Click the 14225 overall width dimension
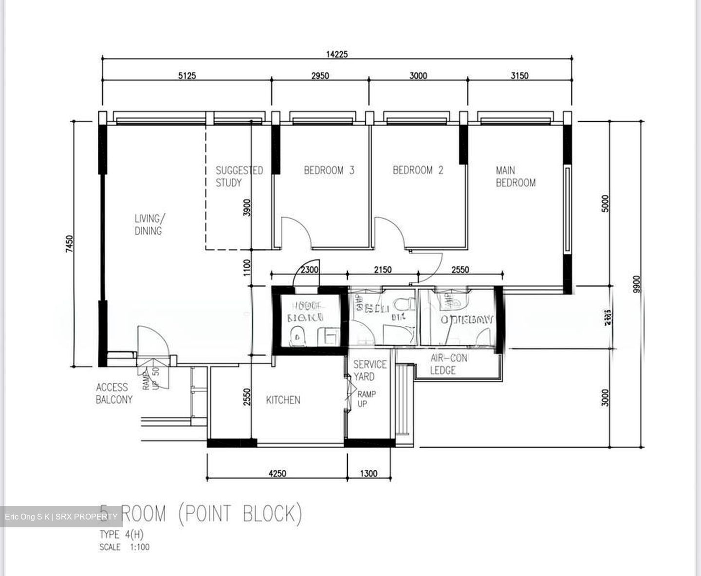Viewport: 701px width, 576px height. pos(337,54)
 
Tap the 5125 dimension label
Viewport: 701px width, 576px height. pos(187,75)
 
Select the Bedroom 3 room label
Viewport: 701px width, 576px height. pos(329,170)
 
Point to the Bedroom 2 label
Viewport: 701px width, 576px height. pos(418,170)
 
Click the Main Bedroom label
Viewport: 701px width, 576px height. pos(516,177)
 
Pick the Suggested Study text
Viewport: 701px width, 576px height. pos(239,177)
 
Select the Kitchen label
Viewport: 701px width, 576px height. pos(283,400)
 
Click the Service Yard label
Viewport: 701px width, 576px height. pos(370,370)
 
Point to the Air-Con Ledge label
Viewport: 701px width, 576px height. pos(448,364)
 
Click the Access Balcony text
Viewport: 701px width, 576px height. pos(114,393)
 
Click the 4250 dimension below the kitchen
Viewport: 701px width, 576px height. pos(277,473)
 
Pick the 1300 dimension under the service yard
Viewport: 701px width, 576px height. pos(369,473)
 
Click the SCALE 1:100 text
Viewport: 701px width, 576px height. pos(125,547)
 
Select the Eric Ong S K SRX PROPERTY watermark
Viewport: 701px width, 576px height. pos(61,517)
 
